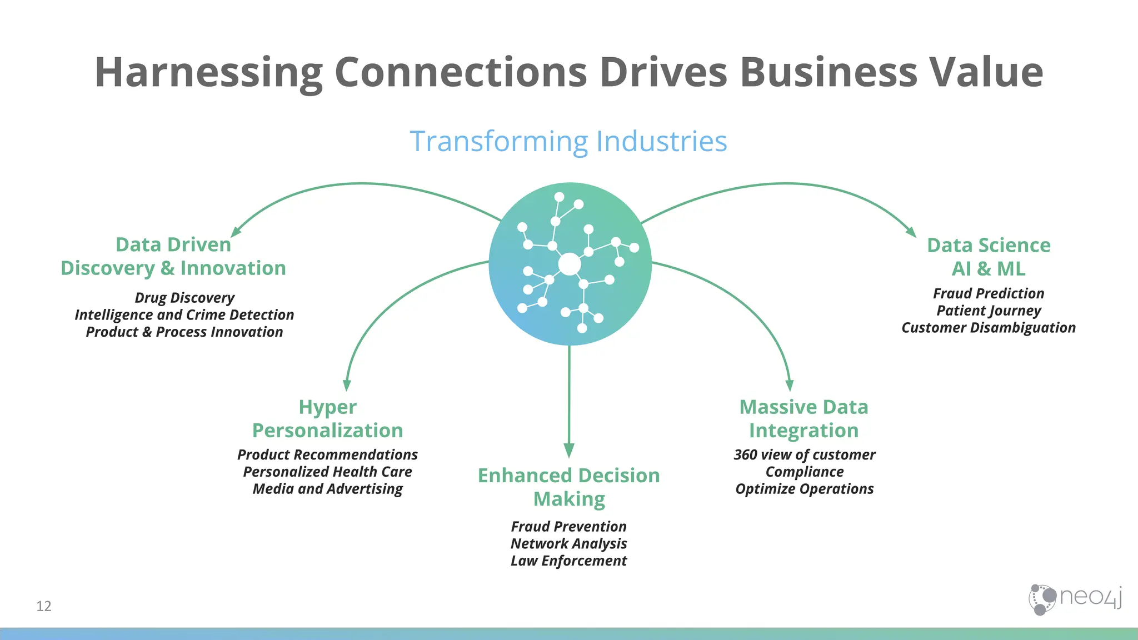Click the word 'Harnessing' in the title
click(x=208, y=72)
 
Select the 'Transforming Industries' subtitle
click(x=568, y=141)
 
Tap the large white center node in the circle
click(x=570, y=264)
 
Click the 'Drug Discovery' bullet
click(x=184, y=298)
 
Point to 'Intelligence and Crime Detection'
click(x=184, y=315)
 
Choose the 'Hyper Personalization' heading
click(x=327, y=419)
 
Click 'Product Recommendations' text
click(x=327, y=454)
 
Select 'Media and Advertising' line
click(x=327, y=489)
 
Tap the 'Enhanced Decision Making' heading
click(x=569, y=487)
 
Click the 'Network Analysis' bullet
click(x=569, y=543)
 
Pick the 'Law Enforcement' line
click(x=569, y=561)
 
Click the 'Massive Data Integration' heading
click(x=803, y=419)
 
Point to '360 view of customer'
click(x=804, y=454)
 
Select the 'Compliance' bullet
click(x=804, y=472)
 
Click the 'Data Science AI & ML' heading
click(x=989, y=257)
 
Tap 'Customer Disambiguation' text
click(x=989, y=328)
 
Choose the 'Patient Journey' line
click(x=989, y=311)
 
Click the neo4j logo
click(x=1075, y=599)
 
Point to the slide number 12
click(x=44, y=606)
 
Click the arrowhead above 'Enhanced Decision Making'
click(x=569, y=450)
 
